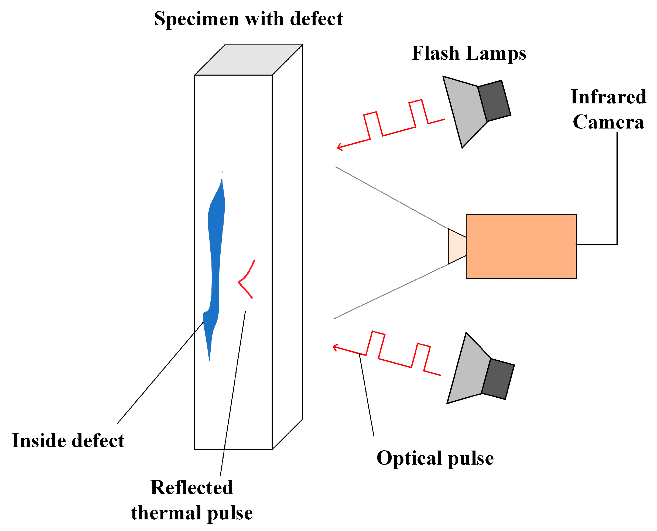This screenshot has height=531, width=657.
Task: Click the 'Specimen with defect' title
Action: click(248, 19)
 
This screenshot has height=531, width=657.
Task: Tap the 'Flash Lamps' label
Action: click(469, 53)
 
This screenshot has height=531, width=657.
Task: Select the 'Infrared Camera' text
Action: click(608, 109)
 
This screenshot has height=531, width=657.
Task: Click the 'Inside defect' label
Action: click(68, 441)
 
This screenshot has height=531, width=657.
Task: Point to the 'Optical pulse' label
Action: click(435, 458)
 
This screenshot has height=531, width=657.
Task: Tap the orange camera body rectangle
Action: click(521, 246)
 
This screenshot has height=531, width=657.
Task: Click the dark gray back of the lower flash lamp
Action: click(498, 379)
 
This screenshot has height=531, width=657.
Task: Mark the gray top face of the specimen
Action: click(248, 60)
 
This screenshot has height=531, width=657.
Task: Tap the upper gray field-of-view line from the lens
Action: click(391, 197)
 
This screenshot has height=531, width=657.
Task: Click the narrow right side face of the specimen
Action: click(287, 245)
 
